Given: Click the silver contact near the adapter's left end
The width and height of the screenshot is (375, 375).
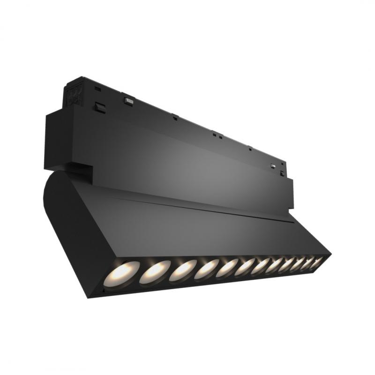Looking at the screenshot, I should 127,99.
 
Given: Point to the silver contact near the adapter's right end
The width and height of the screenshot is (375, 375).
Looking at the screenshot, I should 273,165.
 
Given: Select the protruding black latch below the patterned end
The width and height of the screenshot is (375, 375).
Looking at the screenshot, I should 99,107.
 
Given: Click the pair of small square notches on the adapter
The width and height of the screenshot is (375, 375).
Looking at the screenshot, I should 216,135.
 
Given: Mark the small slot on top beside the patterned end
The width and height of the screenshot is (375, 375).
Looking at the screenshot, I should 97,88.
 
